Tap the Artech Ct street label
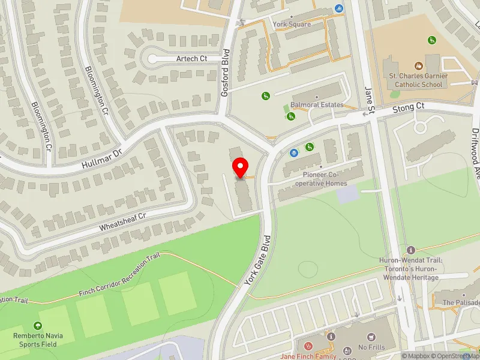click(191, 58)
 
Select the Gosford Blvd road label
click(226, 81)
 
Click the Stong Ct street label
click(409, 109)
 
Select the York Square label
click(292, 25)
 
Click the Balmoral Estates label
click(317, 104)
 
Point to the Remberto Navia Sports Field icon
click(39, 326)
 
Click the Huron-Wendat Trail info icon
click(411, 250)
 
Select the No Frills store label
click(371, 347)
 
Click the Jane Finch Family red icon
click(308, 346)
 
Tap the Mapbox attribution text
click(417, 356)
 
